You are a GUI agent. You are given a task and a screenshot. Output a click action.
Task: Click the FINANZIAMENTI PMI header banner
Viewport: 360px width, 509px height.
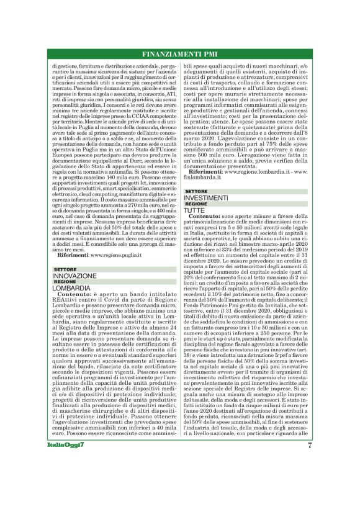180,53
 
